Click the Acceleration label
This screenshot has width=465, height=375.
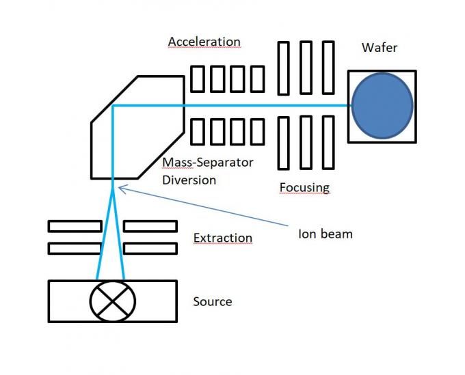pyautogui.click(x=204, y=42)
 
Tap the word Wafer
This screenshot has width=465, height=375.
pyautogui.click(x=379, y=48)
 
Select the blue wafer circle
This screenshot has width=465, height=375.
pyautogui.click(x=382, y=106)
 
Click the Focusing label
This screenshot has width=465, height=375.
pyautogui.click(x=304, y=187)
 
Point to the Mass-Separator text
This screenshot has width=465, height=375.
pyautogui.click(x=208, y=163)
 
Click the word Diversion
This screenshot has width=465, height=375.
pyautogui.click(x=189, y=180)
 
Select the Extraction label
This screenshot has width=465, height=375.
pyautogui.click(x=222, y=238)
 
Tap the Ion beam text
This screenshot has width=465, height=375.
pyautogui.click(x=325, y=234)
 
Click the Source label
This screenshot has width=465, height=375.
pyautogui.click(x=213, y=301)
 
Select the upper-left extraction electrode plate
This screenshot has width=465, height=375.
pyautogui.click(x=75, y=226)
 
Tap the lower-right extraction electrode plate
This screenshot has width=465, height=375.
pyautogui.click(x=150, y=248)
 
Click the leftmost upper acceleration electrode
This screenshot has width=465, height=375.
pyautogui.click(x=197, y=79)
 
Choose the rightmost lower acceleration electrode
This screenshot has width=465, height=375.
pyautogui.click(x=257, y=131)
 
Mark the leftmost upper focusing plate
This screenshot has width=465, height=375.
pyautogui.click(x=284, y=68)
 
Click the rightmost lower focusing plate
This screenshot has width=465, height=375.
pyautogui.click(x=328, y=142)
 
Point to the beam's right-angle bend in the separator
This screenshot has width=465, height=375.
pyautogui.click(x=113, y=107)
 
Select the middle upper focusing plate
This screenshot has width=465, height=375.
pyautogui.click(x=306, y=68)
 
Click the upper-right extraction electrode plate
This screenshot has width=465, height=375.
pyautogui.click(x=150, y=226)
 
